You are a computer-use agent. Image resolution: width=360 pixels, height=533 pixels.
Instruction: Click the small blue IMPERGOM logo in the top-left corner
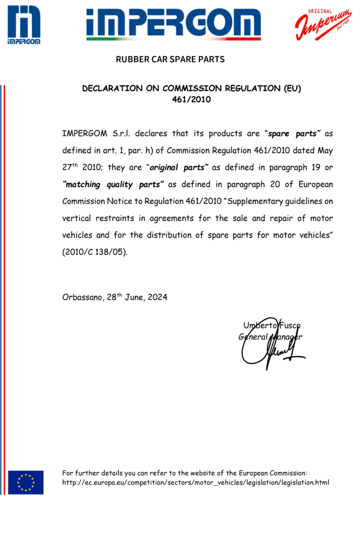point(24,24)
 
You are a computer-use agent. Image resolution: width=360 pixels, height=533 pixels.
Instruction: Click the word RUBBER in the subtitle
point(131,60)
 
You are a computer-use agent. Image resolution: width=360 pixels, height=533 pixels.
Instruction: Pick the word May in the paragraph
point(323,151)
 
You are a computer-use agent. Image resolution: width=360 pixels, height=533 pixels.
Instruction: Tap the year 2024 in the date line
point(157,298)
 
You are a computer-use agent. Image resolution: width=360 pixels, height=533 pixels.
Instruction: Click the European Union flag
point(26,482)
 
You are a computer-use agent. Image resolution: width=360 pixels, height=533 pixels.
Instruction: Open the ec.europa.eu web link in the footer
point(196,483)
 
